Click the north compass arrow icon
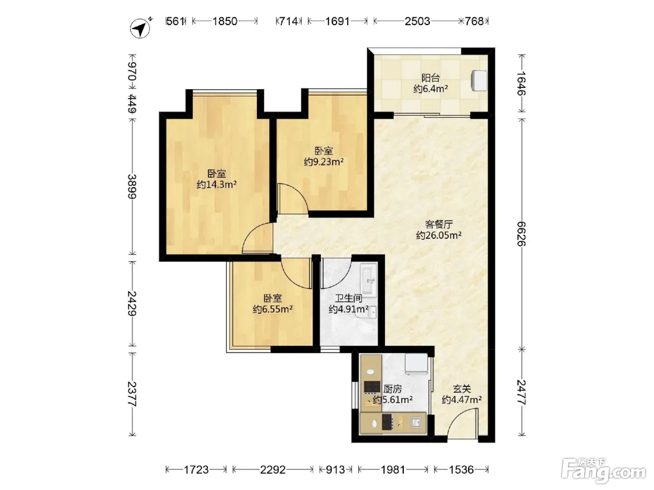(140, 28)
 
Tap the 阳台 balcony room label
(431, 78)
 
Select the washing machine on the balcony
(478, 80)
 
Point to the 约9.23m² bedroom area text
(324, 162)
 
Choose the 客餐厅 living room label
(439, 224)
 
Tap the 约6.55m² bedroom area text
(272, 309)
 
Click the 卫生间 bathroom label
(348, 298)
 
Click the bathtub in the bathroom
(369, 280)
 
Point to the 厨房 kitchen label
(392, 389)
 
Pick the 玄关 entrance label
(462, 389)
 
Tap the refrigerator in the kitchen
(416, 364)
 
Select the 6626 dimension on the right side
(521, 234)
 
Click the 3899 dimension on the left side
(132, 186)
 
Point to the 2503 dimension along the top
(417, 21)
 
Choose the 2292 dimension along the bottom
(273, 470)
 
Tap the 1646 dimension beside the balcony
(521, 83)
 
